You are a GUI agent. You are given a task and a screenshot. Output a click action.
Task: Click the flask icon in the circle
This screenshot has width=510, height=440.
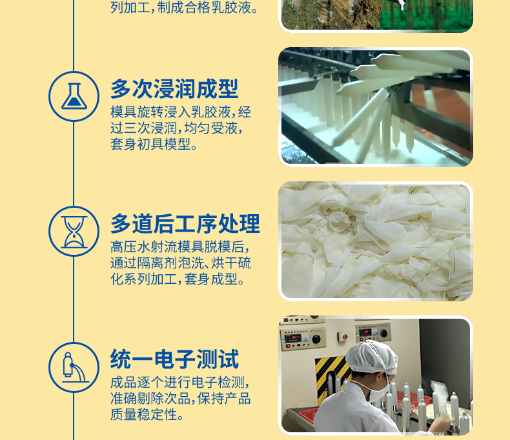point(74,96)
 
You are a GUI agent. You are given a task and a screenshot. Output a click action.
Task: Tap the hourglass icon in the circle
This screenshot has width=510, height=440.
point(74,232)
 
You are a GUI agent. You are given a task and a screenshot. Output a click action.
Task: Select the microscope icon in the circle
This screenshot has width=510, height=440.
point(75,368)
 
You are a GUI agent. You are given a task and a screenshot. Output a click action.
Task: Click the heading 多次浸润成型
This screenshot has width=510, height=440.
point(174,89)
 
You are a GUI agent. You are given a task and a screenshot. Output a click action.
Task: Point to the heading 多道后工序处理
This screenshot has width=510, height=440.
point(185,224)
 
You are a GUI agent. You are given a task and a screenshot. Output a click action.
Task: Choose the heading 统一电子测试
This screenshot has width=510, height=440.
point(175,359)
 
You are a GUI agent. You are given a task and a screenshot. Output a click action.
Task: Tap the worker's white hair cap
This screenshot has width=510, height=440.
point(372,357)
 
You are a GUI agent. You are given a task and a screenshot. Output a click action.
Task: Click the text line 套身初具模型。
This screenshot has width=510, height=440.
point(154,144)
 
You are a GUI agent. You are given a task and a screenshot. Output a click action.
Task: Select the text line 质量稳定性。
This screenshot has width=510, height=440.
point(147,415)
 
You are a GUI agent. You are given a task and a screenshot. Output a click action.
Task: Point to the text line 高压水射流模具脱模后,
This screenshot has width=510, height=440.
point(180,246)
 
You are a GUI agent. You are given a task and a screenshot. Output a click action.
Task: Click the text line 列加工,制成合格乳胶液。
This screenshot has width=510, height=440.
point(185,8)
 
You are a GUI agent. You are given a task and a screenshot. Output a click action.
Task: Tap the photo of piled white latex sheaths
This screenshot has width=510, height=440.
point(376,241)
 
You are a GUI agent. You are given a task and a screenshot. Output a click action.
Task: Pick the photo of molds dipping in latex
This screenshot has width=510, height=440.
point(376,107)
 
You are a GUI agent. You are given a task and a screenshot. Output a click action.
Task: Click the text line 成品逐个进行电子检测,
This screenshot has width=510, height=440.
point(180,382)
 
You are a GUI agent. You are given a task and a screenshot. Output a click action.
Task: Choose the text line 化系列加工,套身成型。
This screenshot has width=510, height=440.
point(178,279)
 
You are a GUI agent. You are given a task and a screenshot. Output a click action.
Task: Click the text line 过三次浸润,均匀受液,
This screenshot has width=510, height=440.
point(177,128)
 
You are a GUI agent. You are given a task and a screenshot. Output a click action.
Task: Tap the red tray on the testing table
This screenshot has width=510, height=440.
point(308,415)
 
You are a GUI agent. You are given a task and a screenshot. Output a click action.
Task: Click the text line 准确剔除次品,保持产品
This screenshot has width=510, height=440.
point(181,399)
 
